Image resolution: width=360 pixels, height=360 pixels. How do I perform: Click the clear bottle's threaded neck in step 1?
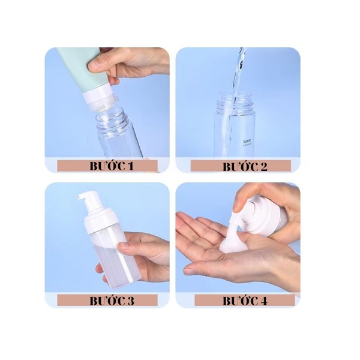[x=114, y=120]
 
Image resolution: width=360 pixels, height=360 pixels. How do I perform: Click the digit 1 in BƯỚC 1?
[x=129, y=166]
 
